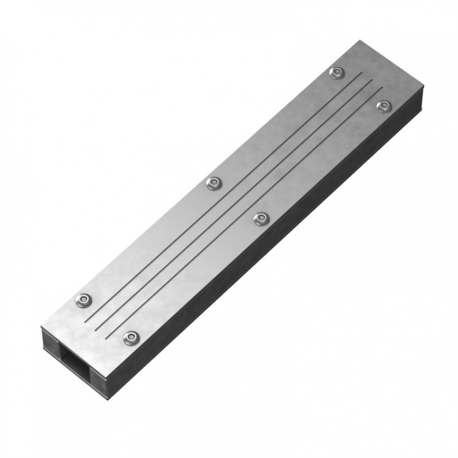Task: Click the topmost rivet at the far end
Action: click(x=336, y=73)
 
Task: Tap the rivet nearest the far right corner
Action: click(x=384, y=106)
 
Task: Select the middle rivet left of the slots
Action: click(x=213, y=183)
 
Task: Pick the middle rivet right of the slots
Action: click(x=261, y=218)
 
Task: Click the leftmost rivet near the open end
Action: click(x=82, y=299)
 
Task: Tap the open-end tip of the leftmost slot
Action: click(x=84, y=320)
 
